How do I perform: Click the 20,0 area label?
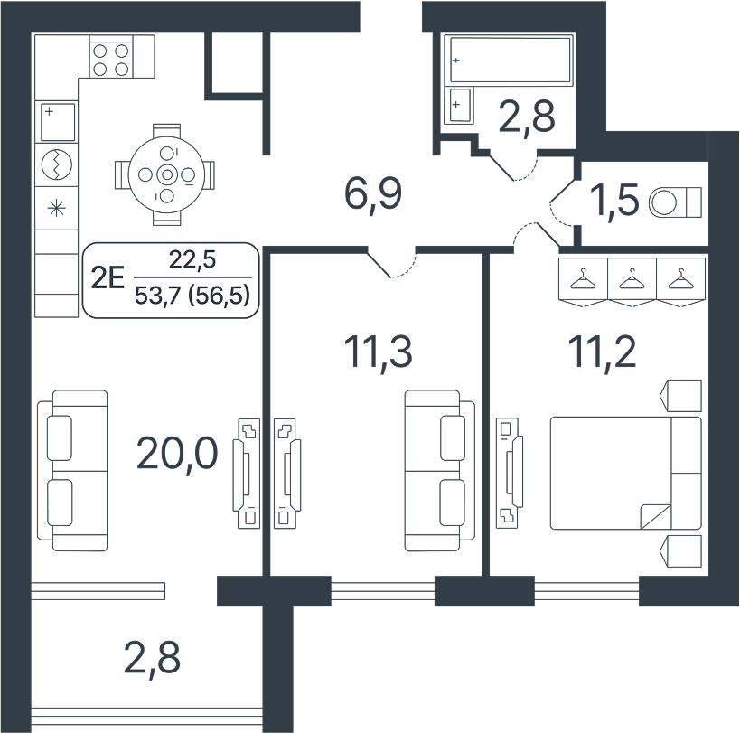pos(177,454)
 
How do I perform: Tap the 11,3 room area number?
pos(378,352)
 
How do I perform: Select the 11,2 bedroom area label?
pos(602,352)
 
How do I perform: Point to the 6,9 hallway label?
pos(373,194)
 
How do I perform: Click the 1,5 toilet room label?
pos(614,200)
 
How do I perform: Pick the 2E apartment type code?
pos(108,278)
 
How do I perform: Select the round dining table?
pos(166,174)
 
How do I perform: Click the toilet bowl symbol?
pos(675,202)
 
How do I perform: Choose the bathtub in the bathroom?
pos(510,60)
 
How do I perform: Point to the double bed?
pos(626,473)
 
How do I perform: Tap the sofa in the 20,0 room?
pos(72,471)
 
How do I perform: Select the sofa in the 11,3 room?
pos(440,471)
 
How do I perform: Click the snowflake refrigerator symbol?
pos(57,208)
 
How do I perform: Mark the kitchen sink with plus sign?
pos(58,122)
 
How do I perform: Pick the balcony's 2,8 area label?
pos(152,658)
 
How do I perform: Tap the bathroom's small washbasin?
pos(461,105)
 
